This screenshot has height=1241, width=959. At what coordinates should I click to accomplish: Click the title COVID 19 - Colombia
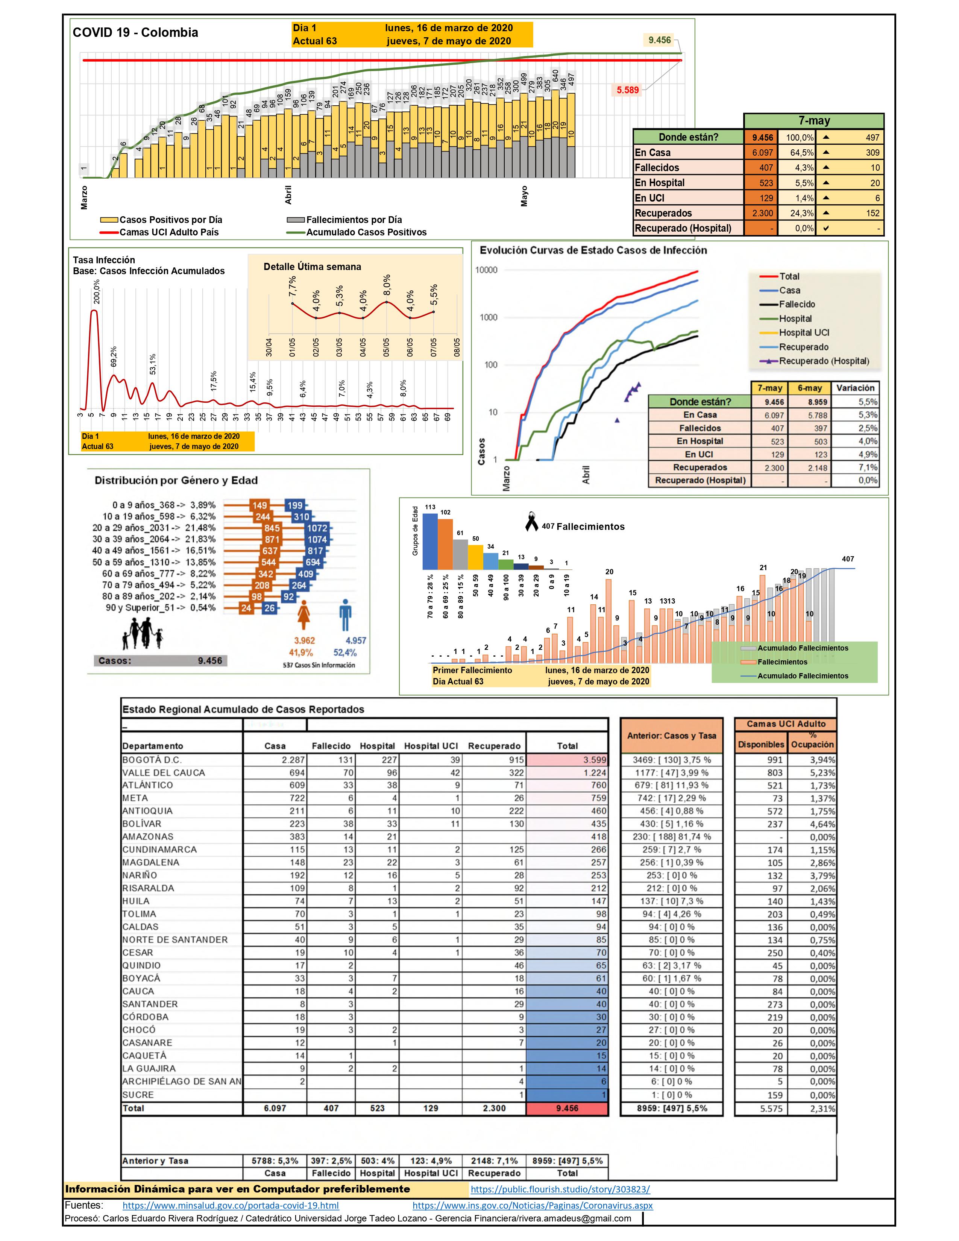pos(135,32)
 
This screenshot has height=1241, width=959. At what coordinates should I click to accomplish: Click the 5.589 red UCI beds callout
pos(628,90)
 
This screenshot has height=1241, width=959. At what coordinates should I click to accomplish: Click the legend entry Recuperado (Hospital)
pos(824,361)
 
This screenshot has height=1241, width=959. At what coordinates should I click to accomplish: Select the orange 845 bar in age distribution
pos(272,528)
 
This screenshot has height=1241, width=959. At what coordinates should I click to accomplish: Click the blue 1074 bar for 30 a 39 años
pos(316,539)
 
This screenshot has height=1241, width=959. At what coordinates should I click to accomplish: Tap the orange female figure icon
pos(304,614)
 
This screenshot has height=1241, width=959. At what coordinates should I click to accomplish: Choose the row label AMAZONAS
pos(148,836)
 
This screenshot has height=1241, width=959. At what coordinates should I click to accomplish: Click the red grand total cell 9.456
pos(567,1108)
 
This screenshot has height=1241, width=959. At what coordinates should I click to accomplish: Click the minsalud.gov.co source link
pos(231,1205)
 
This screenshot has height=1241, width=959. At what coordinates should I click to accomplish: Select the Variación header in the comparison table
pos(855,388)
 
